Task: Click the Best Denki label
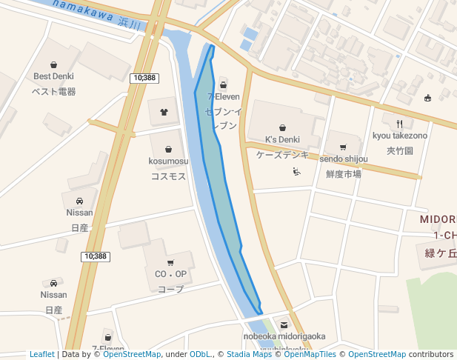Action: pyautogui.click(x=53, y=76)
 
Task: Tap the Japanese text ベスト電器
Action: pyautogui.click(x=53, y=92)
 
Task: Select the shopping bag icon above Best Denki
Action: pyautogui.click(x=53, y=64)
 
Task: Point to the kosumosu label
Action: pyautogui.click(x=168, y=161)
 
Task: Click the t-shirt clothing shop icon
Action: pyautogui.click(x=164, y=112)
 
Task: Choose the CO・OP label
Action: pyautogui.click(x=170, y=274)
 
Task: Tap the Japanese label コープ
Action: pyautogui.click(x=170, y=289)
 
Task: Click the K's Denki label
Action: pyautogui.click(x=282, y=139)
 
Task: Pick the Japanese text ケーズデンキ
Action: pyautogui.click(x=282, y=155)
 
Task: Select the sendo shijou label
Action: pyautogui.click(x=344, y=159)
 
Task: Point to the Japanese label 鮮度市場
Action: pyautogui.click(x=344, y=174)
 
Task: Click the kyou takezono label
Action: pyautogui.click(x=400, y=136)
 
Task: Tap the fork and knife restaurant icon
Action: pyautogui.click(x=400, y=124)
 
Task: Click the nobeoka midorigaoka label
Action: pyautogui.click(x=284, y=336)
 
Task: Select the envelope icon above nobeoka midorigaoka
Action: pyautogui.click(x=284, y=324)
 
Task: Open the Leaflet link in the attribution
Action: pyautogui.click(x=41, y=354)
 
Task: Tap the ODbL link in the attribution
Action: pyautogui.click(x=200, y=354)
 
